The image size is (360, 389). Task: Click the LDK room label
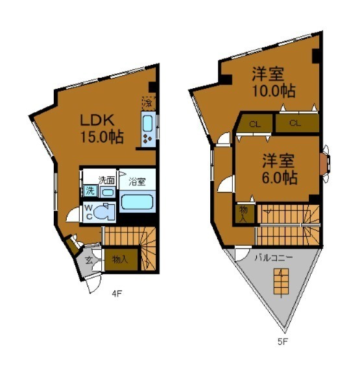97,120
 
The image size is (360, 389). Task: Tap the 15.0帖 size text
102,137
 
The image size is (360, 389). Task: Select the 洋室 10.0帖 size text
274,91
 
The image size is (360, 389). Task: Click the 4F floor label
117,294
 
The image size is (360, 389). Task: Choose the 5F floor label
282,342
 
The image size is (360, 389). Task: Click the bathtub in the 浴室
137,202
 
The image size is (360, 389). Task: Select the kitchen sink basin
147,123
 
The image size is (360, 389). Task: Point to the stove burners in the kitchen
147,139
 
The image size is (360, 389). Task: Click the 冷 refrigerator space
149,103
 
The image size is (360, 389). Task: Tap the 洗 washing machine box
90,191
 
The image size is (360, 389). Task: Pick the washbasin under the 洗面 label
108,193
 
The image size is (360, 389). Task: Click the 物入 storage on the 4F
121,259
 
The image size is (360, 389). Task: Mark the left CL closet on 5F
254,123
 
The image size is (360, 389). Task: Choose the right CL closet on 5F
297,123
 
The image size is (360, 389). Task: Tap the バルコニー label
274,258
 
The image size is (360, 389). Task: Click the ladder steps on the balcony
282,281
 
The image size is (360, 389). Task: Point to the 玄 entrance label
89,261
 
